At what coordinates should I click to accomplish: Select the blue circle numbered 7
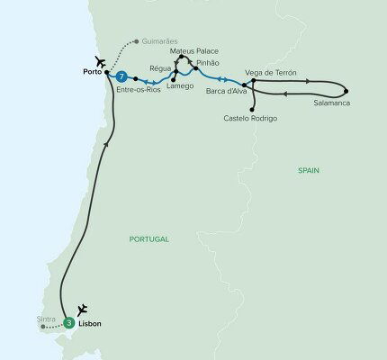pos(121,77)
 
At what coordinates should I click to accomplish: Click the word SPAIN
pos(309,170)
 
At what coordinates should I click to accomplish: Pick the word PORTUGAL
pos(150,238)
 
